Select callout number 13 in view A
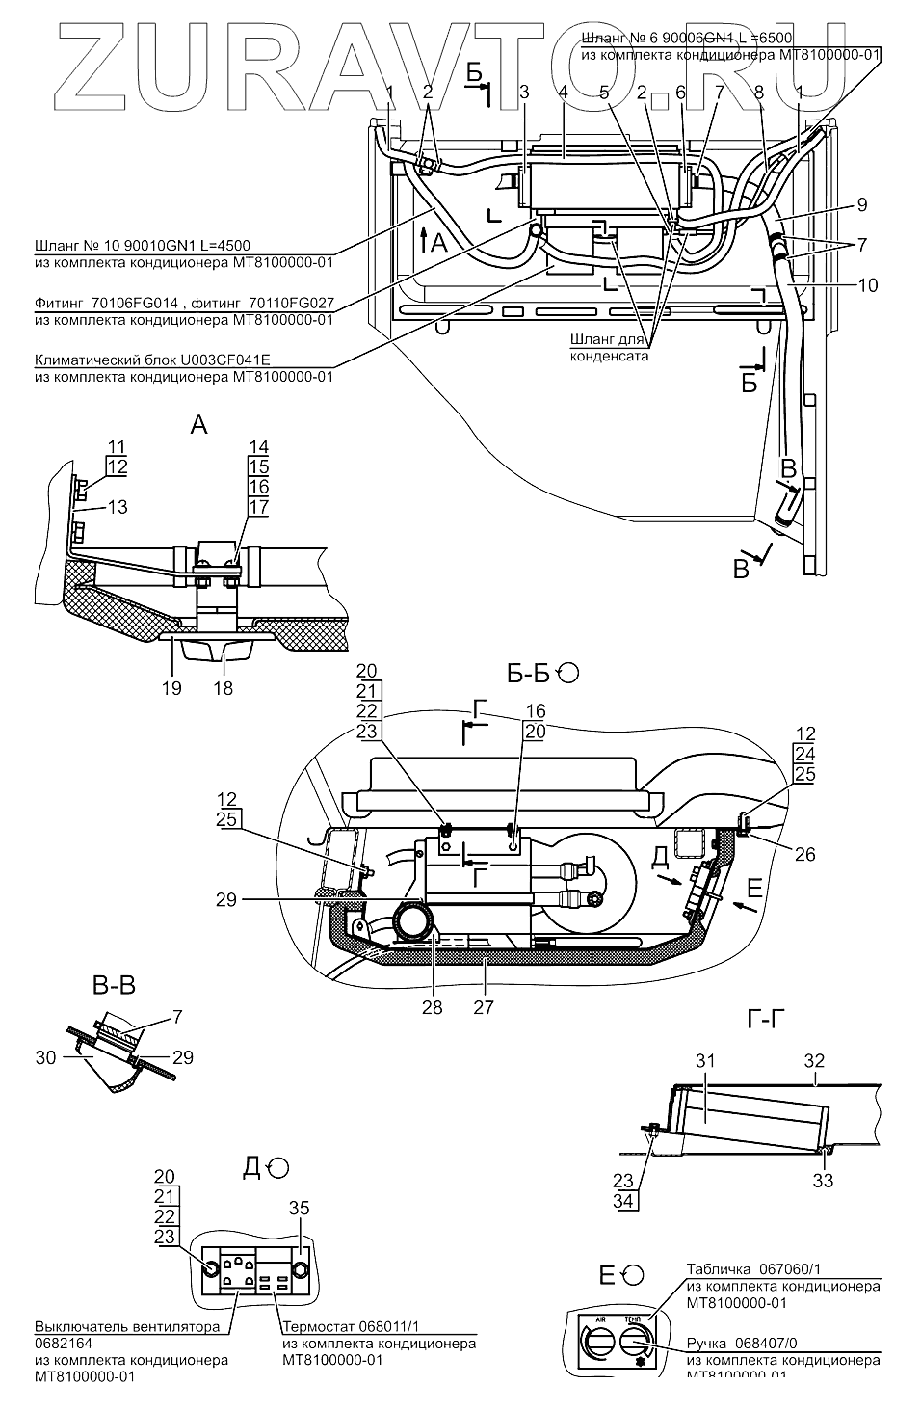click(117, 506)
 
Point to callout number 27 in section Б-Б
click(483, 1007)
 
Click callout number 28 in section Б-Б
click(432, 1007)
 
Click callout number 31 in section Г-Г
click(705, 1060)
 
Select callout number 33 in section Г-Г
click(822, 1180)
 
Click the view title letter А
click(198, 424)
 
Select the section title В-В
click(113, 985)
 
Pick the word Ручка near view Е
click(708, 1343)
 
